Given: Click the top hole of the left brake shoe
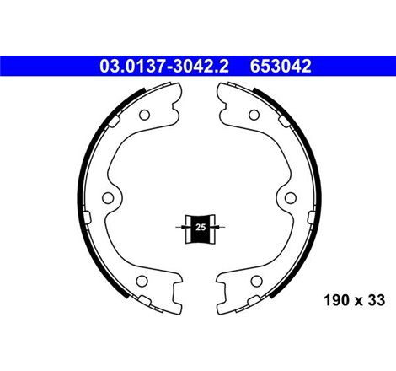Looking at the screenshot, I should (x=143, y=116).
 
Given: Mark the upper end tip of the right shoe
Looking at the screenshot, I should (x=222, y=86).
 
